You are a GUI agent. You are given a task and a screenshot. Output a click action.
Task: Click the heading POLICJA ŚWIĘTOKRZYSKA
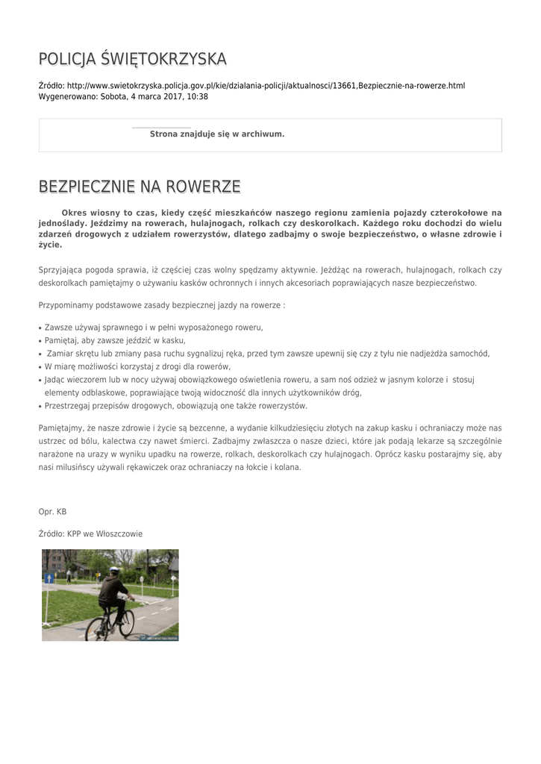(132, 59)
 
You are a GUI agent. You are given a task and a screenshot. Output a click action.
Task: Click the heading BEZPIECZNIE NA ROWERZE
(139, 186)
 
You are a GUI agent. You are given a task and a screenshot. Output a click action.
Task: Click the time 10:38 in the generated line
(198, 97)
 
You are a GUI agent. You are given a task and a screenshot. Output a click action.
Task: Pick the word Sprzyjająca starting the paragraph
(62, 270)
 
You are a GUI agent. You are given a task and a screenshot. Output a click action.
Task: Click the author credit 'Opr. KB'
(52, 512)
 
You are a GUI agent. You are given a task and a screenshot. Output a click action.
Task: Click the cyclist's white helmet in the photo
(114, 571)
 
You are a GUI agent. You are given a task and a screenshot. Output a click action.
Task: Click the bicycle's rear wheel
(97, 629)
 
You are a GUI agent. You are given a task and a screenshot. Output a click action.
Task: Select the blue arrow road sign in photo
(50, 577)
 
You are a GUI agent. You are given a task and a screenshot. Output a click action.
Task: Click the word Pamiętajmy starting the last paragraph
(63, 428)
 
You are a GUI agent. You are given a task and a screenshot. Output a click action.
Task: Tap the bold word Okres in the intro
(77, 213)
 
